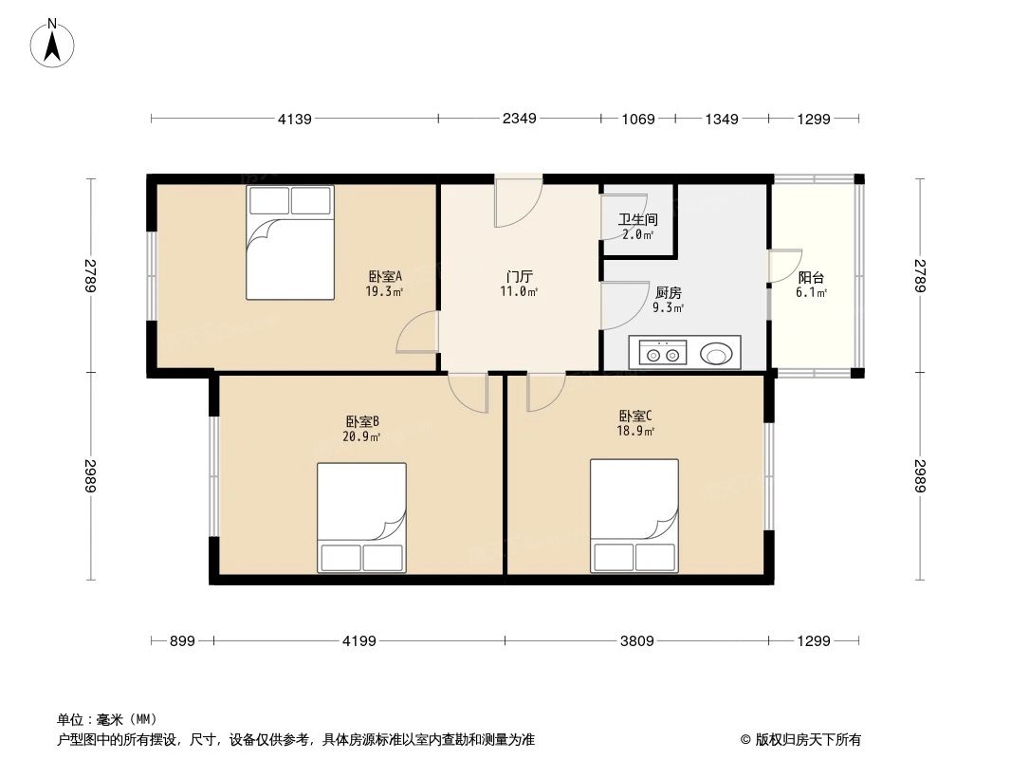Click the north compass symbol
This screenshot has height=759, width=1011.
53,42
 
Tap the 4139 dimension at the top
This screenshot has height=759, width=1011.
295,119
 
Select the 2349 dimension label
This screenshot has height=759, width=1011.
519,119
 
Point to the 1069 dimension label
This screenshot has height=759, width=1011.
637,119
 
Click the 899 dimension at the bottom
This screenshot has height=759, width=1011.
182,641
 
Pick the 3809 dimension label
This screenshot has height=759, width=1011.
636,641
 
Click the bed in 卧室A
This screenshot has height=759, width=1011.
290,242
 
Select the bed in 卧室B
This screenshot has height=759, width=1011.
361,517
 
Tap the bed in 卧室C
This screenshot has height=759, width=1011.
634,515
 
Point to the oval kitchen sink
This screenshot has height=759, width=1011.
716,354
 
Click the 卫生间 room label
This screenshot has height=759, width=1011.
638,219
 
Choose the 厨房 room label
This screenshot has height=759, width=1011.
668,292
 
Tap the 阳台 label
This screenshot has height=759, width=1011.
811,278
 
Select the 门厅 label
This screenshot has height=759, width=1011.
519,276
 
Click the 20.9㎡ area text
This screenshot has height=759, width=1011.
362,436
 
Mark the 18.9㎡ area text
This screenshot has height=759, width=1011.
635,431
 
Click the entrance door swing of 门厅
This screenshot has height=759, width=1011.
518,202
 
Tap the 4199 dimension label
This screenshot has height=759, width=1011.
359,641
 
